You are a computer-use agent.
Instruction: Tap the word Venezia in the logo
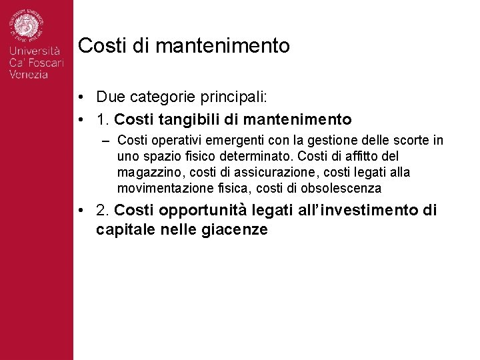29,75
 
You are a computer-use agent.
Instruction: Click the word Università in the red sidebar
35,51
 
